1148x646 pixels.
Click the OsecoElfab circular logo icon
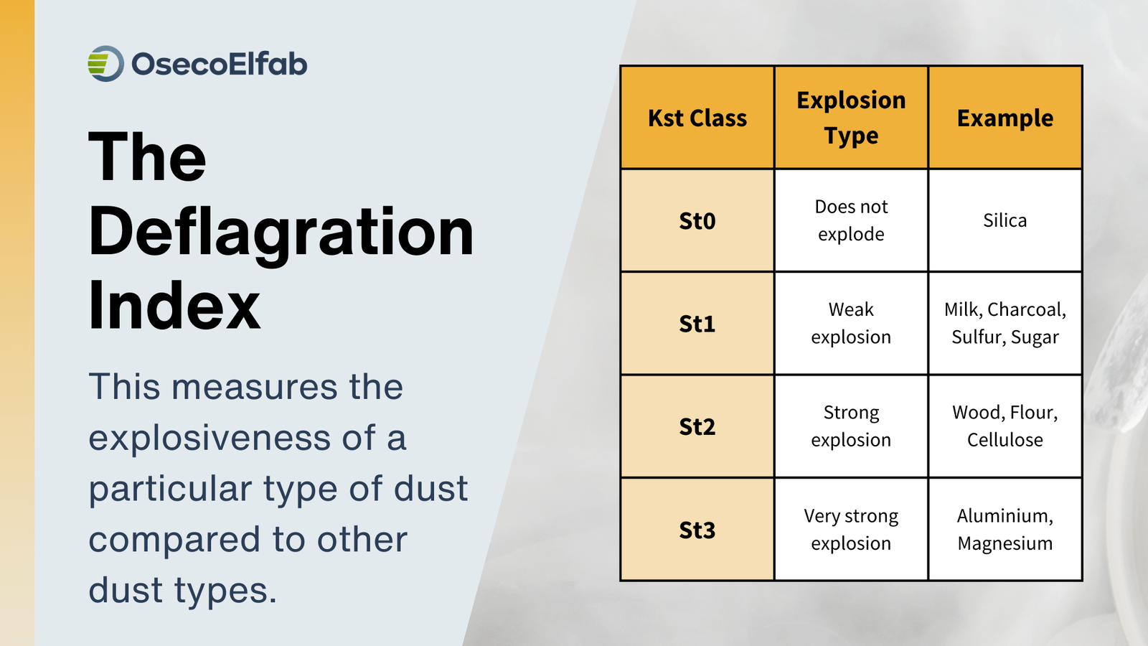click(x=105, y=64)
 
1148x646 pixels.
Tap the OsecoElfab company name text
click(x=219, y=65)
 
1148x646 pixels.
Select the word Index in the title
click(x=174, y=306)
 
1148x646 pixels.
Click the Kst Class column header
click(x=697, y=118)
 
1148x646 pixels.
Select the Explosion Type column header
click(x=851, y=118)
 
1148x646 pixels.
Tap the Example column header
click(x=1004, y=118)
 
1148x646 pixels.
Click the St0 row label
click(x=697, y=220)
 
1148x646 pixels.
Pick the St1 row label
click(x=697, y=324)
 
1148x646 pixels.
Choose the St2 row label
click(x=697, y=427)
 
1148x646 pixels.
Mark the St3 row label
click(x=697, y=530)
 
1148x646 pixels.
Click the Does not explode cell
click(x=851, y=220)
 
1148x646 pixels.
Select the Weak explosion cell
click(x=851, y=324)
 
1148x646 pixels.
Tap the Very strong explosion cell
click(x=851, y=530)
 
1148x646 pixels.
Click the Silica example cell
click(x=1004, y=220)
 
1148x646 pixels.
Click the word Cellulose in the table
click(x=1004, y=440)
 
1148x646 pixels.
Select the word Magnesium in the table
click(x=1004, y=543)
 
